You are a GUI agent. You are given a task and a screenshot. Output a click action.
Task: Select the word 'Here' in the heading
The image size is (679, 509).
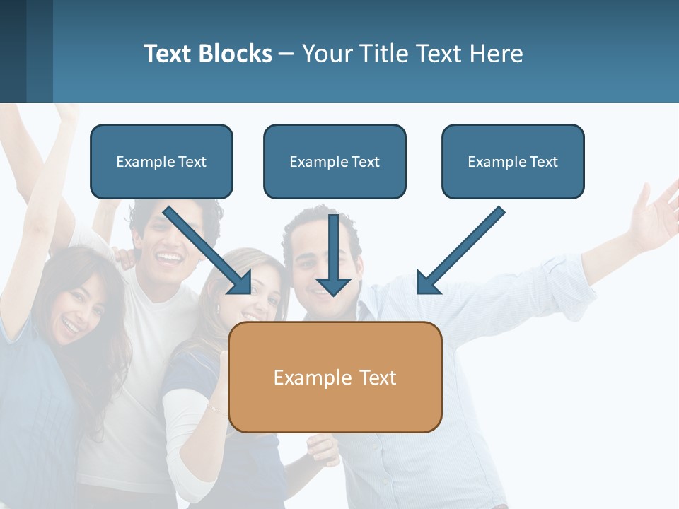(x=499, y=54)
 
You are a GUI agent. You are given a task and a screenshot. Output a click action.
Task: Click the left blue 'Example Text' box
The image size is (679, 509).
(x=161, y=162)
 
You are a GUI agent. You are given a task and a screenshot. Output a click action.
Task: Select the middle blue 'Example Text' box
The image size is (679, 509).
(x=335, y=162)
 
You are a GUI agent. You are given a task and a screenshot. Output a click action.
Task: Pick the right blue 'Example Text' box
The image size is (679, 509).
(x=513, y=162)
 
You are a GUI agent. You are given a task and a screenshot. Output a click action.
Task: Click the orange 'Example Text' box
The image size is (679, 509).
(x=335, y=377)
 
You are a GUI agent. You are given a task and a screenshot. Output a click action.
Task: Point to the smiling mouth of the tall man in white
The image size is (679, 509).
(x=168, y=257)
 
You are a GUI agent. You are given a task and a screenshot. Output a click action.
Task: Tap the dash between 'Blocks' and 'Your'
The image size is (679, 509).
(x=286, y=54)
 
